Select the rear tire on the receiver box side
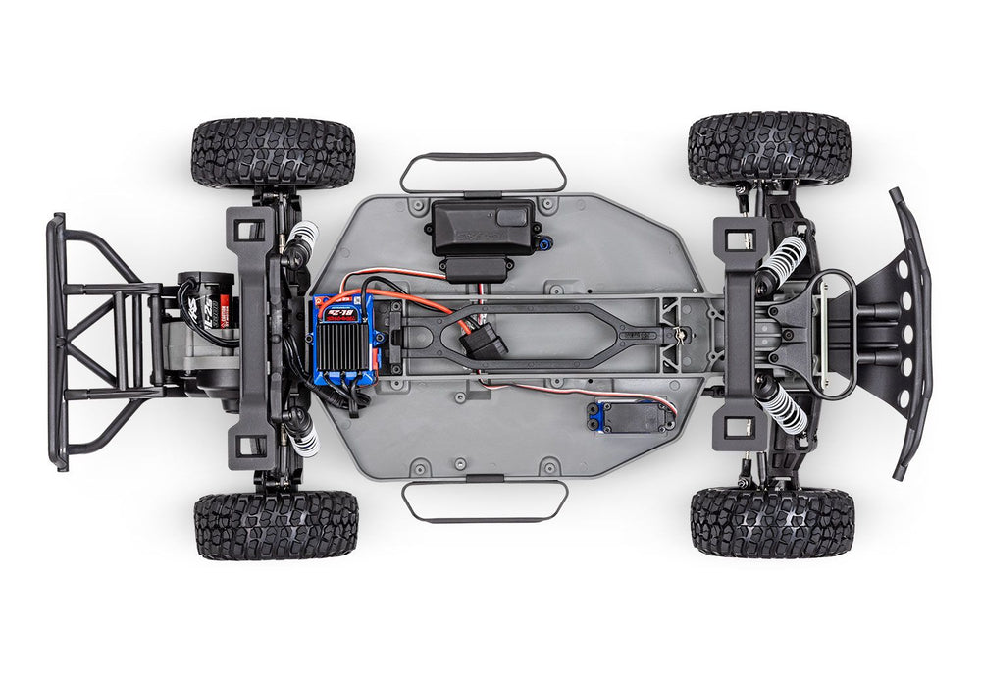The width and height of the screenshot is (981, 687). tap(273, 152)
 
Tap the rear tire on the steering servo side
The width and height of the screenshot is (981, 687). tap(276, 525)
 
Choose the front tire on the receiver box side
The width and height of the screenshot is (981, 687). tap(768, 148)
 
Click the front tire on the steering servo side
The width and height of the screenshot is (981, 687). tap(772, 521)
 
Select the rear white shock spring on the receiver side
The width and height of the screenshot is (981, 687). tap(304, 235)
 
